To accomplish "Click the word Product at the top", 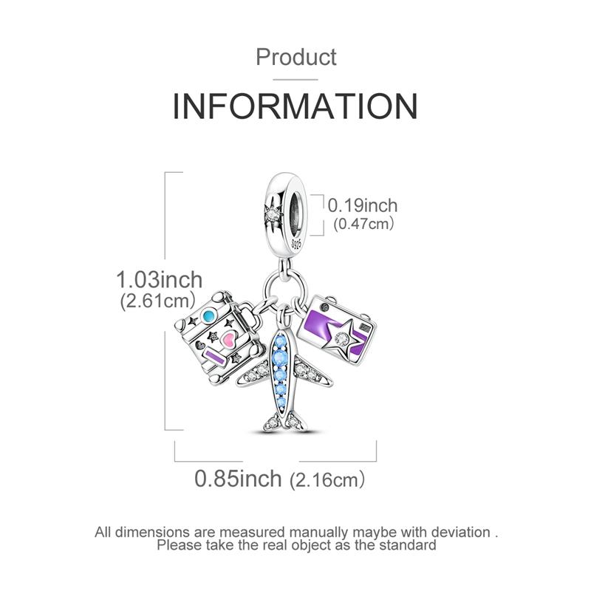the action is (296, 58).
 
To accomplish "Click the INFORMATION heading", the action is (295, 106).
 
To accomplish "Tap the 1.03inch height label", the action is (159, 280).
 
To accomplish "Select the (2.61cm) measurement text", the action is (158, 301).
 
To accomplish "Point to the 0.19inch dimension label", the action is (362, 206).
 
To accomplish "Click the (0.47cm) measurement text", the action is (363, 224).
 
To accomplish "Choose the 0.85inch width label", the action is (238, 479).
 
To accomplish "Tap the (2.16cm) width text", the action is (327, 479).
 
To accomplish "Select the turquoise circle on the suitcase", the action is (208, 316).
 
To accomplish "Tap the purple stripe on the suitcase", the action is (214, 358).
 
